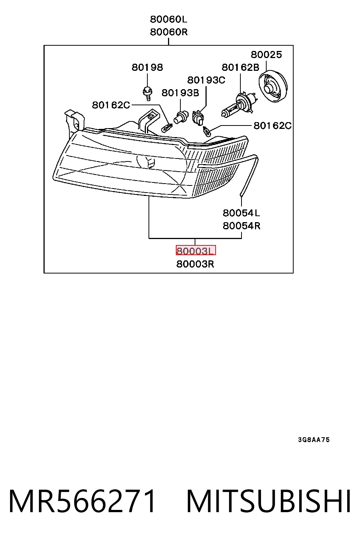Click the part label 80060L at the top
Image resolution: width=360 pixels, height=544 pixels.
pyautogui.click(x=168, y=19)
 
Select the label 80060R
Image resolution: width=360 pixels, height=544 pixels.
pyautogui.click(x=169, y=32)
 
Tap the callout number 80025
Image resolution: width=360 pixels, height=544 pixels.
pyautogui.click(x=266, y=55)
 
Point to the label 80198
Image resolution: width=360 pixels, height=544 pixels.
pyautogui.click(x=147, y=67)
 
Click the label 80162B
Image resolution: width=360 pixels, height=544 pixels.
pyautogui.click(x=240, y=67)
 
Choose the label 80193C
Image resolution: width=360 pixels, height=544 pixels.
pyautogui.click(x=206, y=80)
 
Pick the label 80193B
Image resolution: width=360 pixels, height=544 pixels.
pyautogui.click(x=180, y=93)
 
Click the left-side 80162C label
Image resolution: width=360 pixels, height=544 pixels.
pyautogui.click(x=111, y=105)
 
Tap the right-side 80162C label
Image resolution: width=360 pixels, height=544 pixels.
pyautogui.click(x=273, y=126)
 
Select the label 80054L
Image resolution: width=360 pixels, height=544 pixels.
pyautogui.click(x=241, y=213)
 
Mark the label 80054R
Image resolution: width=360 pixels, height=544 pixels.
pyautogui.click(x=241, y=226)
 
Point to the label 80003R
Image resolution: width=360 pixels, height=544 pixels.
pyautogui.click(x=195, y=264)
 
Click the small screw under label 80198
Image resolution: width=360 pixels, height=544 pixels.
pyautogui.click(x=147, y=93)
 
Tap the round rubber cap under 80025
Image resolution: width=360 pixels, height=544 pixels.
pyautogui.click(x=273, y=86)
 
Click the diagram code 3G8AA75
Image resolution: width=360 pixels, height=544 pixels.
pyautogui.click(x=314, y=439)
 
